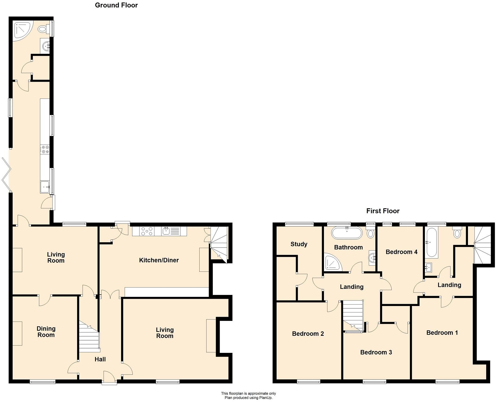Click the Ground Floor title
(116, 5)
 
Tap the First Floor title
(383, 211)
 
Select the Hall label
(100, 359)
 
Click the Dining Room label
(46, 332)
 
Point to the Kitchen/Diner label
(159, 260)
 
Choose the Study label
(299, 244)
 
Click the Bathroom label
(348, 247)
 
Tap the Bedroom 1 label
(442, 333)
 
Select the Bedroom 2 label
(308, 334)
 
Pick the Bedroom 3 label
(376, 352)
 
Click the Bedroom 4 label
(401, 252)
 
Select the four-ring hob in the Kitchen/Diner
(147, 231)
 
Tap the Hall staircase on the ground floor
(89, 338)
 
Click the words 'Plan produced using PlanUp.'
(248, 398)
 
